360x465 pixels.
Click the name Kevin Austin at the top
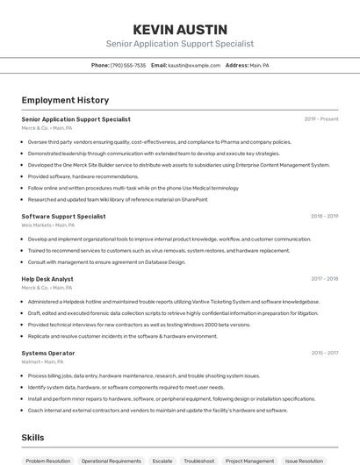pos(179,29)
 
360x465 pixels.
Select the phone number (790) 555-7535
pos(128,65)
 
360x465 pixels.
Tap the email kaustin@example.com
pos(194,65)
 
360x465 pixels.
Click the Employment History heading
pos(65,100)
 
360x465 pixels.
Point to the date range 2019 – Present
pos(321,119)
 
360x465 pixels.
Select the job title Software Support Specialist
pos(63,216)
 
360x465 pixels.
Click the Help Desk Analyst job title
pos(47,279)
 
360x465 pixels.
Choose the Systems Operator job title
pos(48,353)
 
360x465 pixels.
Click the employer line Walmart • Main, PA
pos(42,361)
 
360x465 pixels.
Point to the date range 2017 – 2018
pos(325,279)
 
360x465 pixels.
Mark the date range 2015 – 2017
pos(325,353)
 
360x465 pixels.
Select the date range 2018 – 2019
pos(325,216)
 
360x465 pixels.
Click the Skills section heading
pos(32,437)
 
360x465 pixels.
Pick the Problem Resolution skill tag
pos(48,460)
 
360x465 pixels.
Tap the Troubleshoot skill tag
pos(198,460)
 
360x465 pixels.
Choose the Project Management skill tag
pos(249,460)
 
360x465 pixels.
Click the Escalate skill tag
pos(162,460)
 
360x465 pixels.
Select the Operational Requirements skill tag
pos(112,460)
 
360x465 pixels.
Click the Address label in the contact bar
pos(237,65)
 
